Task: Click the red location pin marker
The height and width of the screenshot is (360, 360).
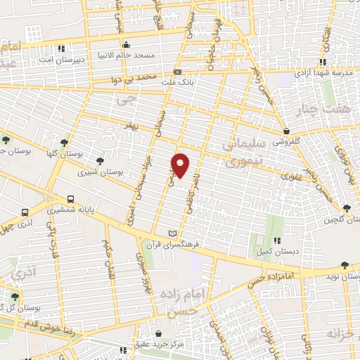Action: click(x=181, y=165)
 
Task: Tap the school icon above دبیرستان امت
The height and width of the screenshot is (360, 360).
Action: click(x=61, y=49)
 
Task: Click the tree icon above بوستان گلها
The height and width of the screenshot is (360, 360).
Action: click(x=65, y=143)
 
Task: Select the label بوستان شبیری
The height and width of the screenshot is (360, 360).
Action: click(x=98, y=171)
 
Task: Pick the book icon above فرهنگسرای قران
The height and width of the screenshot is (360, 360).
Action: click(x=173, y=233)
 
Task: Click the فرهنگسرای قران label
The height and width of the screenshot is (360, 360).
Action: click(x=173, y=243)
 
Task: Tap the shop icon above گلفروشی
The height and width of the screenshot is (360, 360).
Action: click(x=286, y=131)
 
